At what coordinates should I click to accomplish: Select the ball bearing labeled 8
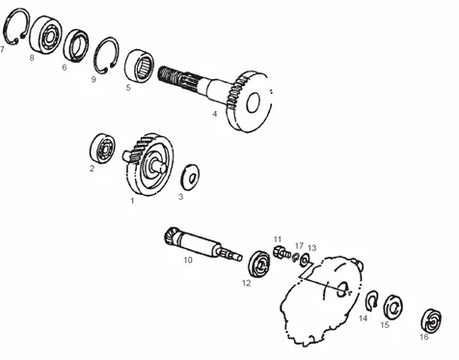pos(45,35)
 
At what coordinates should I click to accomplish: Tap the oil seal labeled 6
pos(76,45)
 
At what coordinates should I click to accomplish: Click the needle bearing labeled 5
pos(139,66)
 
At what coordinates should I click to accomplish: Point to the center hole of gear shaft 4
pos(254,102)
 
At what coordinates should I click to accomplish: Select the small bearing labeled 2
pos(102,149)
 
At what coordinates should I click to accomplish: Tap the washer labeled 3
pos(190,178)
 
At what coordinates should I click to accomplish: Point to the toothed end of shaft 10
pos(172,237)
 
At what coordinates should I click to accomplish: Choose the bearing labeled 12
pos(259,263)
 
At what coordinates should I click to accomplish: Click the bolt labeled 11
pos(281,251)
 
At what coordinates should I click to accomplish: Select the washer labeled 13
pos(305,260)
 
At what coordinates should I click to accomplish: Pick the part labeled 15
pos(393,307)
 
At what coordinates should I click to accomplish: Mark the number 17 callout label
pos(299,245)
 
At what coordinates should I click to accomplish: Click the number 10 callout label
pos(188,260)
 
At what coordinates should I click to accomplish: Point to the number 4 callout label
pos(215,114)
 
